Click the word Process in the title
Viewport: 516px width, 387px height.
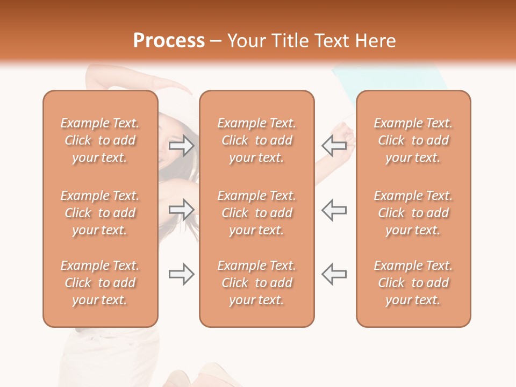(169, 41)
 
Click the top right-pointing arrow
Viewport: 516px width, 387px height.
(182, 146)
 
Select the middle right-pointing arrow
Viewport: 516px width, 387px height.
(182, 210)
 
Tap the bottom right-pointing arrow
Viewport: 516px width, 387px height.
(182, 274)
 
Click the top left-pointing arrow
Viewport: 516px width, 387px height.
(334, 146)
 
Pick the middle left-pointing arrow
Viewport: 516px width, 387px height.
(334, 210)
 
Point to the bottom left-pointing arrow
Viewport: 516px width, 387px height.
(334, 274)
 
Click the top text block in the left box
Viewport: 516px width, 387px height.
(100, 140)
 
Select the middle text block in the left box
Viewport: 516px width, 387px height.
(100, 213)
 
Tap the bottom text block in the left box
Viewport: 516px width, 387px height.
(100, 283)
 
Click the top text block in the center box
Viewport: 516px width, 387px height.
(256, 140)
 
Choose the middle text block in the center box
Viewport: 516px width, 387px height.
(256, 213)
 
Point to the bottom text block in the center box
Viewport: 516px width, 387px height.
(256, 283)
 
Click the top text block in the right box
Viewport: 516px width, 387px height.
(413, 140)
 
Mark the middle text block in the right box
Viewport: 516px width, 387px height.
(413, 213)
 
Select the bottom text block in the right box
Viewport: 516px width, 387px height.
(413, 283)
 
